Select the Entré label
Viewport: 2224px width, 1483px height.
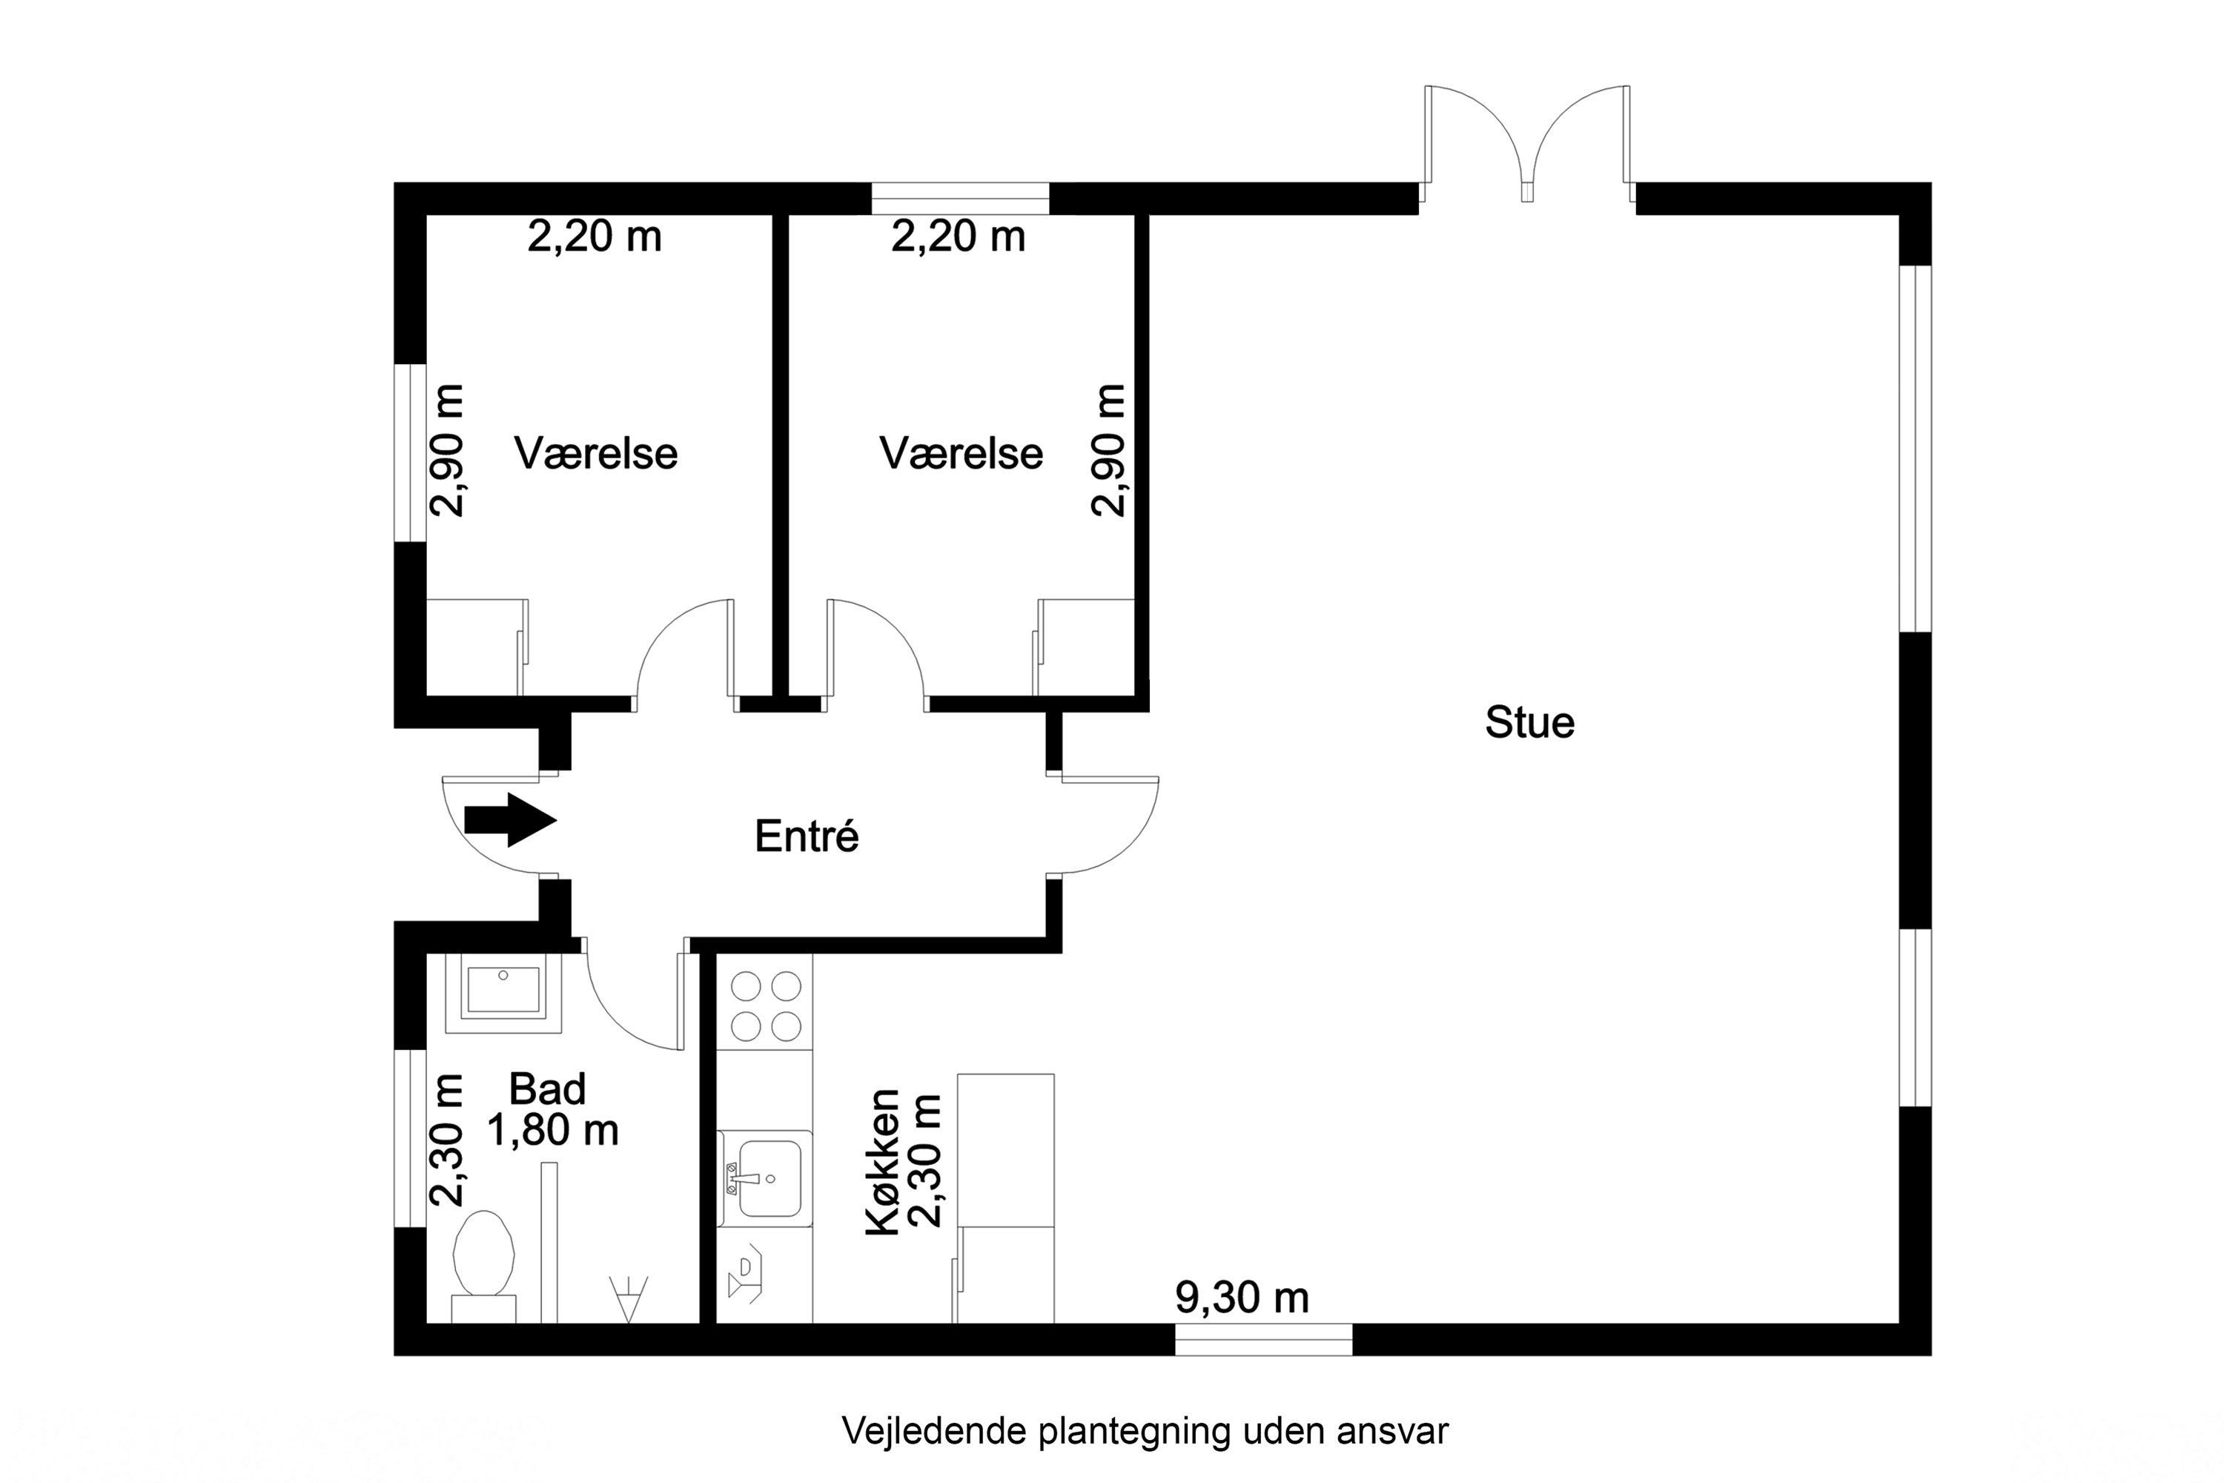(807, 836)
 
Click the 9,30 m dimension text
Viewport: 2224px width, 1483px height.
(1242, 1298)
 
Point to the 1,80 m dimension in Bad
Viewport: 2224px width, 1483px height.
(553, 1129)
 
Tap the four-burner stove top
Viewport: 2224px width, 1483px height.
(765, 1006)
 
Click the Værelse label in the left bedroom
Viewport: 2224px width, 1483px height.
(596, 454)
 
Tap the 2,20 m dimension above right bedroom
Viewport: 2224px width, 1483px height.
(958, 237)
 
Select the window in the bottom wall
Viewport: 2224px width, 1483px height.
(1263, 1340)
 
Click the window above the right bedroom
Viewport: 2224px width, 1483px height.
(960, 199)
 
